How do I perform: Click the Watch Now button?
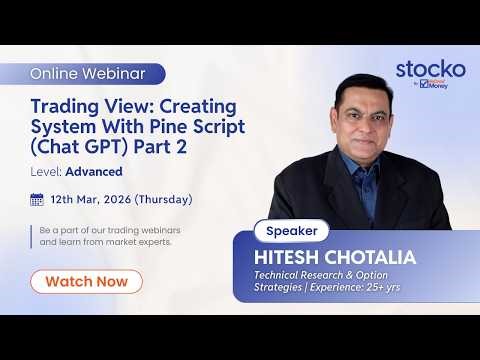86,281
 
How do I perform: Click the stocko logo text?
430,69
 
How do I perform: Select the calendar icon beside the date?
37,199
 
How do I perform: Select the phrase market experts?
149,242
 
